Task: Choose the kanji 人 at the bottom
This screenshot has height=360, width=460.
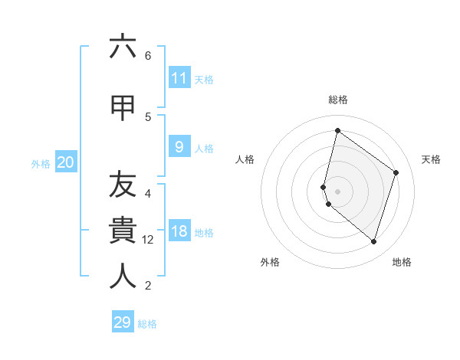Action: [x=123, y=277]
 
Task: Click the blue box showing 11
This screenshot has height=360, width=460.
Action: [x=179, y=78]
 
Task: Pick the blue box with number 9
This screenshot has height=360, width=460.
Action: [x=179, y=147]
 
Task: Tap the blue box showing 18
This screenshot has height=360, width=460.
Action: [x=179, y=232]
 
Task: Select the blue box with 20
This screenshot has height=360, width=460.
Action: [x=66, y=162]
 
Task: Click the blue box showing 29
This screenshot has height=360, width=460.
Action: [x=123, y=322]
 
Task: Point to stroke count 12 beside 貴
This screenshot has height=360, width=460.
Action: [x=148, y=240]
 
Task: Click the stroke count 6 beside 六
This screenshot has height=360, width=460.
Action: [x=148, y=55]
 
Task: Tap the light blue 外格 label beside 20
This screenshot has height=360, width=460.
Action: [x=41, y=163]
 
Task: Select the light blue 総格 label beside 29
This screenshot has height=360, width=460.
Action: [x=148, y=324]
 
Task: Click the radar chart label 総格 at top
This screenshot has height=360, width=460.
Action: [x=337, y=100]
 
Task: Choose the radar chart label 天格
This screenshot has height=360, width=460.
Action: [x=431, y=159]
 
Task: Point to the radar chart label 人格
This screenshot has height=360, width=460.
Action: [x=245, y=159]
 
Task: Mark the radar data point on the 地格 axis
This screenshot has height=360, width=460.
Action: [x=373, y=241]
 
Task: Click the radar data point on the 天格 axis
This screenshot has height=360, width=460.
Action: [x=396, y=172]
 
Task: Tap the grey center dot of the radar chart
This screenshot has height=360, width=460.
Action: [x=337, y=191]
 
